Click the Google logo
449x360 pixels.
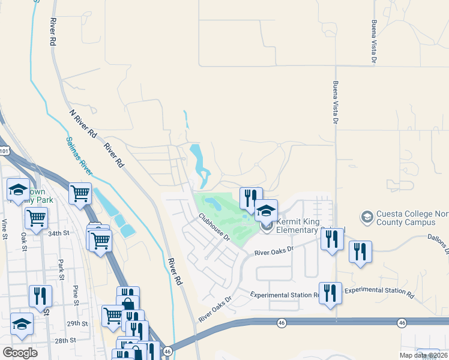(20, 353)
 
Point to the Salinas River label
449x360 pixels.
(80, 158)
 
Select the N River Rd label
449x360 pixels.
(83, 124)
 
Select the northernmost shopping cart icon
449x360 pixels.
(80, 193)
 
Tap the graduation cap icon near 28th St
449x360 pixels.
(22, 323)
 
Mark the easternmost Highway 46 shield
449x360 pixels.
(401, 323)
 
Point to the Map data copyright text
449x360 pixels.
(423, 355)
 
